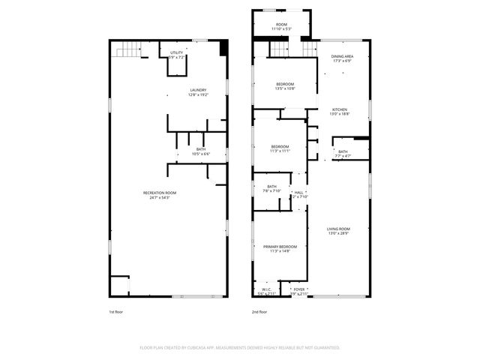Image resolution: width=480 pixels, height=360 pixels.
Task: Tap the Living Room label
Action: pyautogui.click(x=338, y=231)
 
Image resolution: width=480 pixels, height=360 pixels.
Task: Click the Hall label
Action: pyautogui.click(x=298, y=194)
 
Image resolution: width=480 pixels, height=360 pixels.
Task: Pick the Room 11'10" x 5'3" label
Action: pyautogui.click(x=281, y=26)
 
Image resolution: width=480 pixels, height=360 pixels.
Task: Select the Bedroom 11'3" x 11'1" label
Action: pyautogui.click(x=280, y=148)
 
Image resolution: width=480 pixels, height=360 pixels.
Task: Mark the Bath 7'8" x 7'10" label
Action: pyautogui.click(x=271, y=188)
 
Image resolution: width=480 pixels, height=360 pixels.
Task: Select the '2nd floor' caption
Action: pyautogui.click(x=260, y=312)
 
